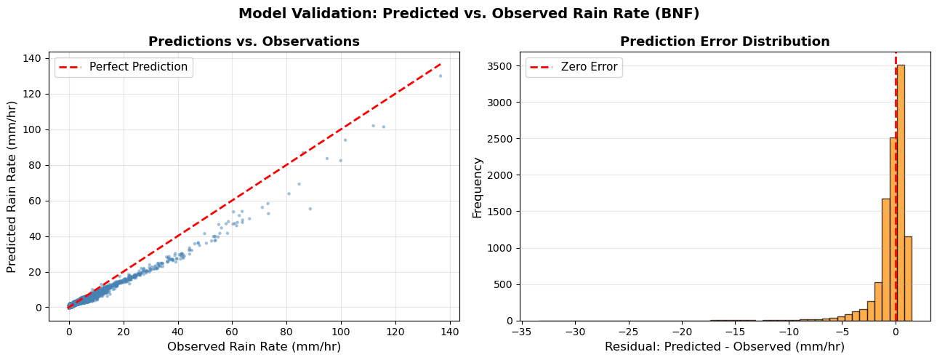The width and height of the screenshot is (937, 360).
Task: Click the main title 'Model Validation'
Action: click(469, 14)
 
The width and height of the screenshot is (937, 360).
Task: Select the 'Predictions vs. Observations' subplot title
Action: click(254, 42)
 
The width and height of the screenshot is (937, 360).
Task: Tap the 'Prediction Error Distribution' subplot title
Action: click(724, 42)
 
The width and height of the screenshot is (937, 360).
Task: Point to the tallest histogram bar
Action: click(901, 193)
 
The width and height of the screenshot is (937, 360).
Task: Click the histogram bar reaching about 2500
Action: click(893, 229)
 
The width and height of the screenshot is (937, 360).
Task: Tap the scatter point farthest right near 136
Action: click(440, 76)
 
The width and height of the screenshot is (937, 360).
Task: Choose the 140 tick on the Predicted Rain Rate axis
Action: click(33, 58)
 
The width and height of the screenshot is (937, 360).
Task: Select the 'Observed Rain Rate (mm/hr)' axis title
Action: click(254, 347)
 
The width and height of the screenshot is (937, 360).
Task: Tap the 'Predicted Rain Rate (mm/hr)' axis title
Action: click(12, 187)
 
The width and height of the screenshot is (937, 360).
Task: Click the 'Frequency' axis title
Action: click(478, 187)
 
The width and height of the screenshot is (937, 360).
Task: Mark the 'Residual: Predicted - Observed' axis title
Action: click(724, 347)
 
